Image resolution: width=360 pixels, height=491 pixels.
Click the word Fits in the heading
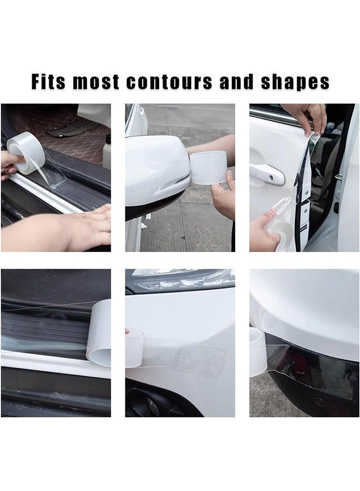[x=49, y=82]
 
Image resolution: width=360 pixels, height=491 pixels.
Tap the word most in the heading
[x=96, y=82]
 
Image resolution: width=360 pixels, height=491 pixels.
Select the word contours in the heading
[x=169, y=82]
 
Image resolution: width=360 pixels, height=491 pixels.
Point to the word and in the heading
[x=236, y=82]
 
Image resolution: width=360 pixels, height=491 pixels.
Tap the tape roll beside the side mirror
[x=208, y=169]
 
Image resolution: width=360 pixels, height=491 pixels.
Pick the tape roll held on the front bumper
[x=135, y=348]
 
